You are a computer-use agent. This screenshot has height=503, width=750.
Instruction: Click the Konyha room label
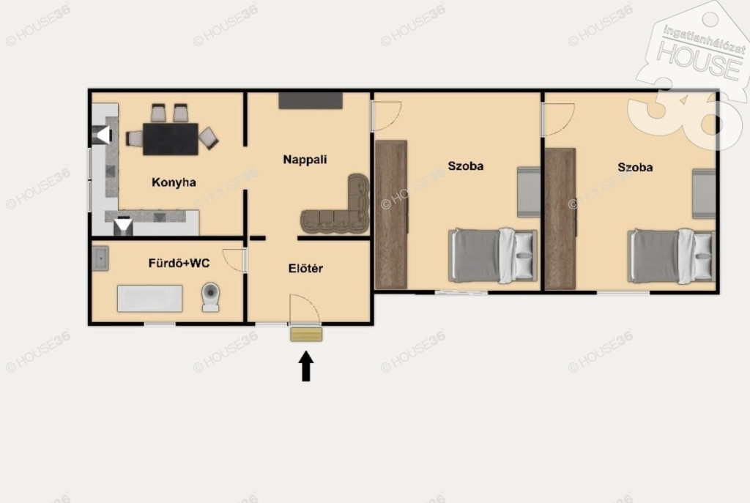(174, 182)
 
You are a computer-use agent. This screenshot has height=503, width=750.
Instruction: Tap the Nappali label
(305, 160)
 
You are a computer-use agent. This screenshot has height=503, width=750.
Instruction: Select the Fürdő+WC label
(179, 263)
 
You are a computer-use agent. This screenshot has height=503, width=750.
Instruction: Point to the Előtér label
(305, 268)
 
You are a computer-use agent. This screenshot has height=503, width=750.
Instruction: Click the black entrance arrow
(306, 366)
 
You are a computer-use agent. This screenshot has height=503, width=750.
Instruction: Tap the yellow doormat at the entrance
(306, 334)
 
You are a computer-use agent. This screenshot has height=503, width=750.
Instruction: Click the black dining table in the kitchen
(171, 139)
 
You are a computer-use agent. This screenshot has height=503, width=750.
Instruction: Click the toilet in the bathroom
(210, 297)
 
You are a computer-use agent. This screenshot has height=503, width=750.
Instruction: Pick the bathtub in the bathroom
(149, 299)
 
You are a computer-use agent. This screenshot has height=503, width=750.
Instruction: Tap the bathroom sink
(100, 258)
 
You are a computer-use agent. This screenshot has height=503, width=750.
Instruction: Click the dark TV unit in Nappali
(311, 100)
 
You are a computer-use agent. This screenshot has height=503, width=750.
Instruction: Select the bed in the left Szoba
(493, 256)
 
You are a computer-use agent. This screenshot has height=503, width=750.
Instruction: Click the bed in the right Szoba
(672, 256)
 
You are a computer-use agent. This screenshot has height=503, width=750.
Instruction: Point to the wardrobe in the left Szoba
(391, 215)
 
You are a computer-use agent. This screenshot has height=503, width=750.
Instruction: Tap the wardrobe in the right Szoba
(560, 219)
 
